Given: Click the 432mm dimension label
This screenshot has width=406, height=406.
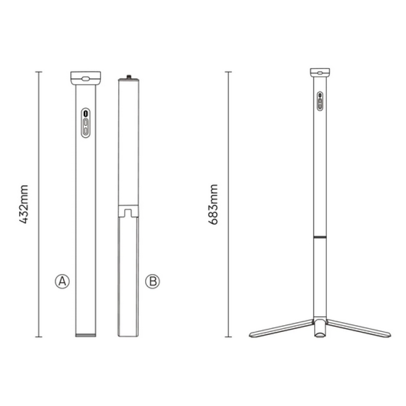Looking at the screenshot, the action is coord(23,205).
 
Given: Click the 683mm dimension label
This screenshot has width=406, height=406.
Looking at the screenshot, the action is coord(213,205).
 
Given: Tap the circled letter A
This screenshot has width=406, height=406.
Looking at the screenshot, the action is coord(62,281).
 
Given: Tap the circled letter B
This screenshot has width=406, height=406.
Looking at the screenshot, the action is coord(153,281).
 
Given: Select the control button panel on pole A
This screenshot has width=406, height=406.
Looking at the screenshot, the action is coord(85,123).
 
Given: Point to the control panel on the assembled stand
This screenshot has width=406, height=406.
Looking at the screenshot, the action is coord(320,101).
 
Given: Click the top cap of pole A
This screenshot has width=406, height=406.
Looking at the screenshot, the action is coord(86,78).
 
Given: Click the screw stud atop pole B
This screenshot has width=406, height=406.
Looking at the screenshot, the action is coord(129,77).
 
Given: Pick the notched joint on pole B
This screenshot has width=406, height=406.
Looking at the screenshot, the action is coord(128,211).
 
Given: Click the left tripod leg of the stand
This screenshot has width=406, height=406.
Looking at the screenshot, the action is coord(282,328).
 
